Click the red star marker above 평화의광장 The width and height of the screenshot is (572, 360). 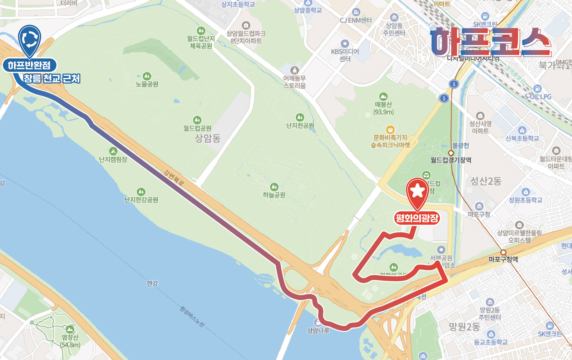(417, 192)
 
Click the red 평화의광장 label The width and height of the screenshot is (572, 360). (417, 218)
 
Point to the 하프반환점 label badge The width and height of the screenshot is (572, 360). (29, 65)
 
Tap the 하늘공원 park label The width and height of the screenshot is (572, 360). (274, 195)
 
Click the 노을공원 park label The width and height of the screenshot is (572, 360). (147, 84)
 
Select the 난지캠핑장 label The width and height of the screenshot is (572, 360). (113, 159)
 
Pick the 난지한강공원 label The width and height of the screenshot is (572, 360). (141, 199)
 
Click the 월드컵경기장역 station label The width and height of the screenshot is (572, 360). (450, 160)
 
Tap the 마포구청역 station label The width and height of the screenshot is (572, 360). (503, 260)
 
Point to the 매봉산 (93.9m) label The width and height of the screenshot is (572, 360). (383, 108)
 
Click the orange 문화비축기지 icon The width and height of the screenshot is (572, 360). (390, 129)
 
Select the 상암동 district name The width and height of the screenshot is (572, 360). (207, 138)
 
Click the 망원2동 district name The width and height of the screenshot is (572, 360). (464, 327)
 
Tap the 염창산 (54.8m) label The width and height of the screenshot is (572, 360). (70, 341)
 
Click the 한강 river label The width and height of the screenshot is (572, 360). (152, 283)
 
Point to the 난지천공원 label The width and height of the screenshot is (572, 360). (300, 125)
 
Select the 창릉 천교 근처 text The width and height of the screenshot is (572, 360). (52, 79)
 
